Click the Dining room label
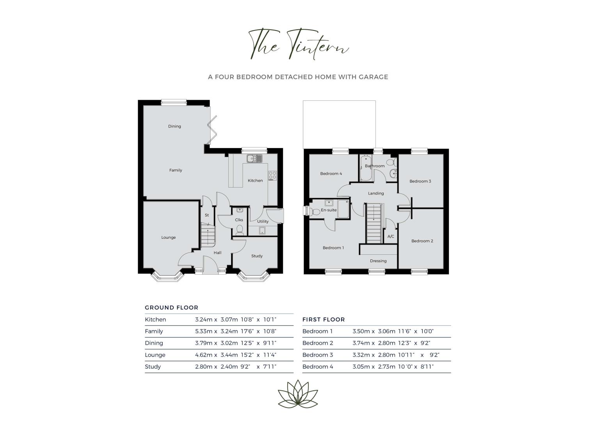[174, 126]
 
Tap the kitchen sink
[254, 159]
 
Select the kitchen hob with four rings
[272, 175]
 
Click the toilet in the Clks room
[240, 230]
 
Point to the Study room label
[257, 256]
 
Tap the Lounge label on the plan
[169, 238]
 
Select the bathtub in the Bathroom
[366, 168]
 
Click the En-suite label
[329, 210]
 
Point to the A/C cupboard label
[391, 236]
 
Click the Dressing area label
[378, 261]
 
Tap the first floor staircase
[374, 223]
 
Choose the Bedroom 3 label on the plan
[420, 181]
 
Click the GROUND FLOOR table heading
[172, 308]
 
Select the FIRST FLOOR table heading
[324, 320]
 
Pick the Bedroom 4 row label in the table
[318, 367]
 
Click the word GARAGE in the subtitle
[373, 77]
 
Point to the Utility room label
[263, 222]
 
